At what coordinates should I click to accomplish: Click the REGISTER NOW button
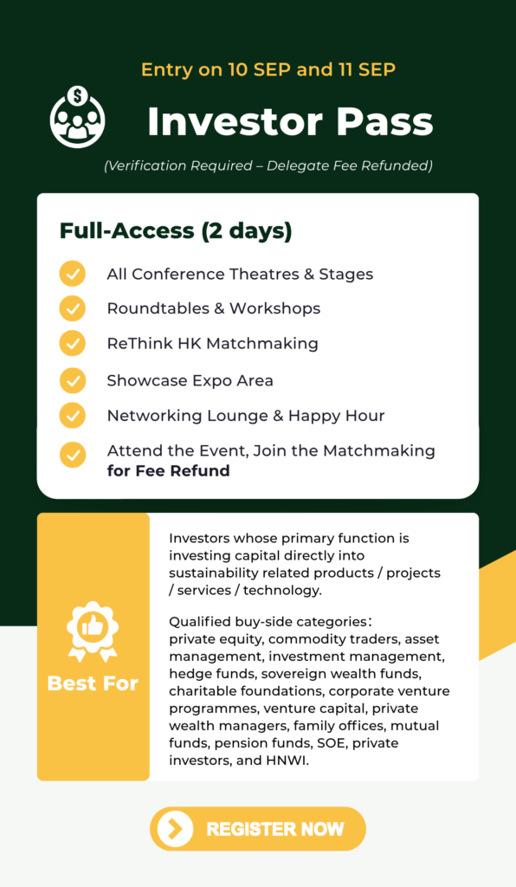(x=258, y=829)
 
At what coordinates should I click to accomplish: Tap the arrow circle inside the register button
(x=175, y=829)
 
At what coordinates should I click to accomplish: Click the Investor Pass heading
(x=290, y=121)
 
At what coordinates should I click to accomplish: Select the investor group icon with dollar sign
(x=77, y=117)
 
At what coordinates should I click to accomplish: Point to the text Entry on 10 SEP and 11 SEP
(x=268, y=69)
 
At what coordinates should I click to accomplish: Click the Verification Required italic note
(x=268, y=165)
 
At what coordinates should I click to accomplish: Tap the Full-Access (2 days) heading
(x=176, y=230)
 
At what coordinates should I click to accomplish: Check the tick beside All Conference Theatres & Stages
(x=73, y=274)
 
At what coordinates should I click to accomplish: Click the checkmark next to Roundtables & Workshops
(x=73, y=309)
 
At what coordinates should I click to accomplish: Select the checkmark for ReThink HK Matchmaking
(x=73, y=343)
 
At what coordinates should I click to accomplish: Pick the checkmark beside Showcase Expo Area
(x=73, y=380)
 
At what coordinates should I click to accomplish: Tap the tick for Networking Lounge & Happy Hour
(x=73, y=415)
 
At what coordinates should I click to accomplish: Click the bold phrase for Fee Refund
(x=169, y=470)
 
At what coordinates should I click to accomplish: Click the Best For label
(x=93, y=683)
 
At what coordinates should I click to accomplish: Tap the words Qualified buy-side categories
(x=268, y=622)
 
